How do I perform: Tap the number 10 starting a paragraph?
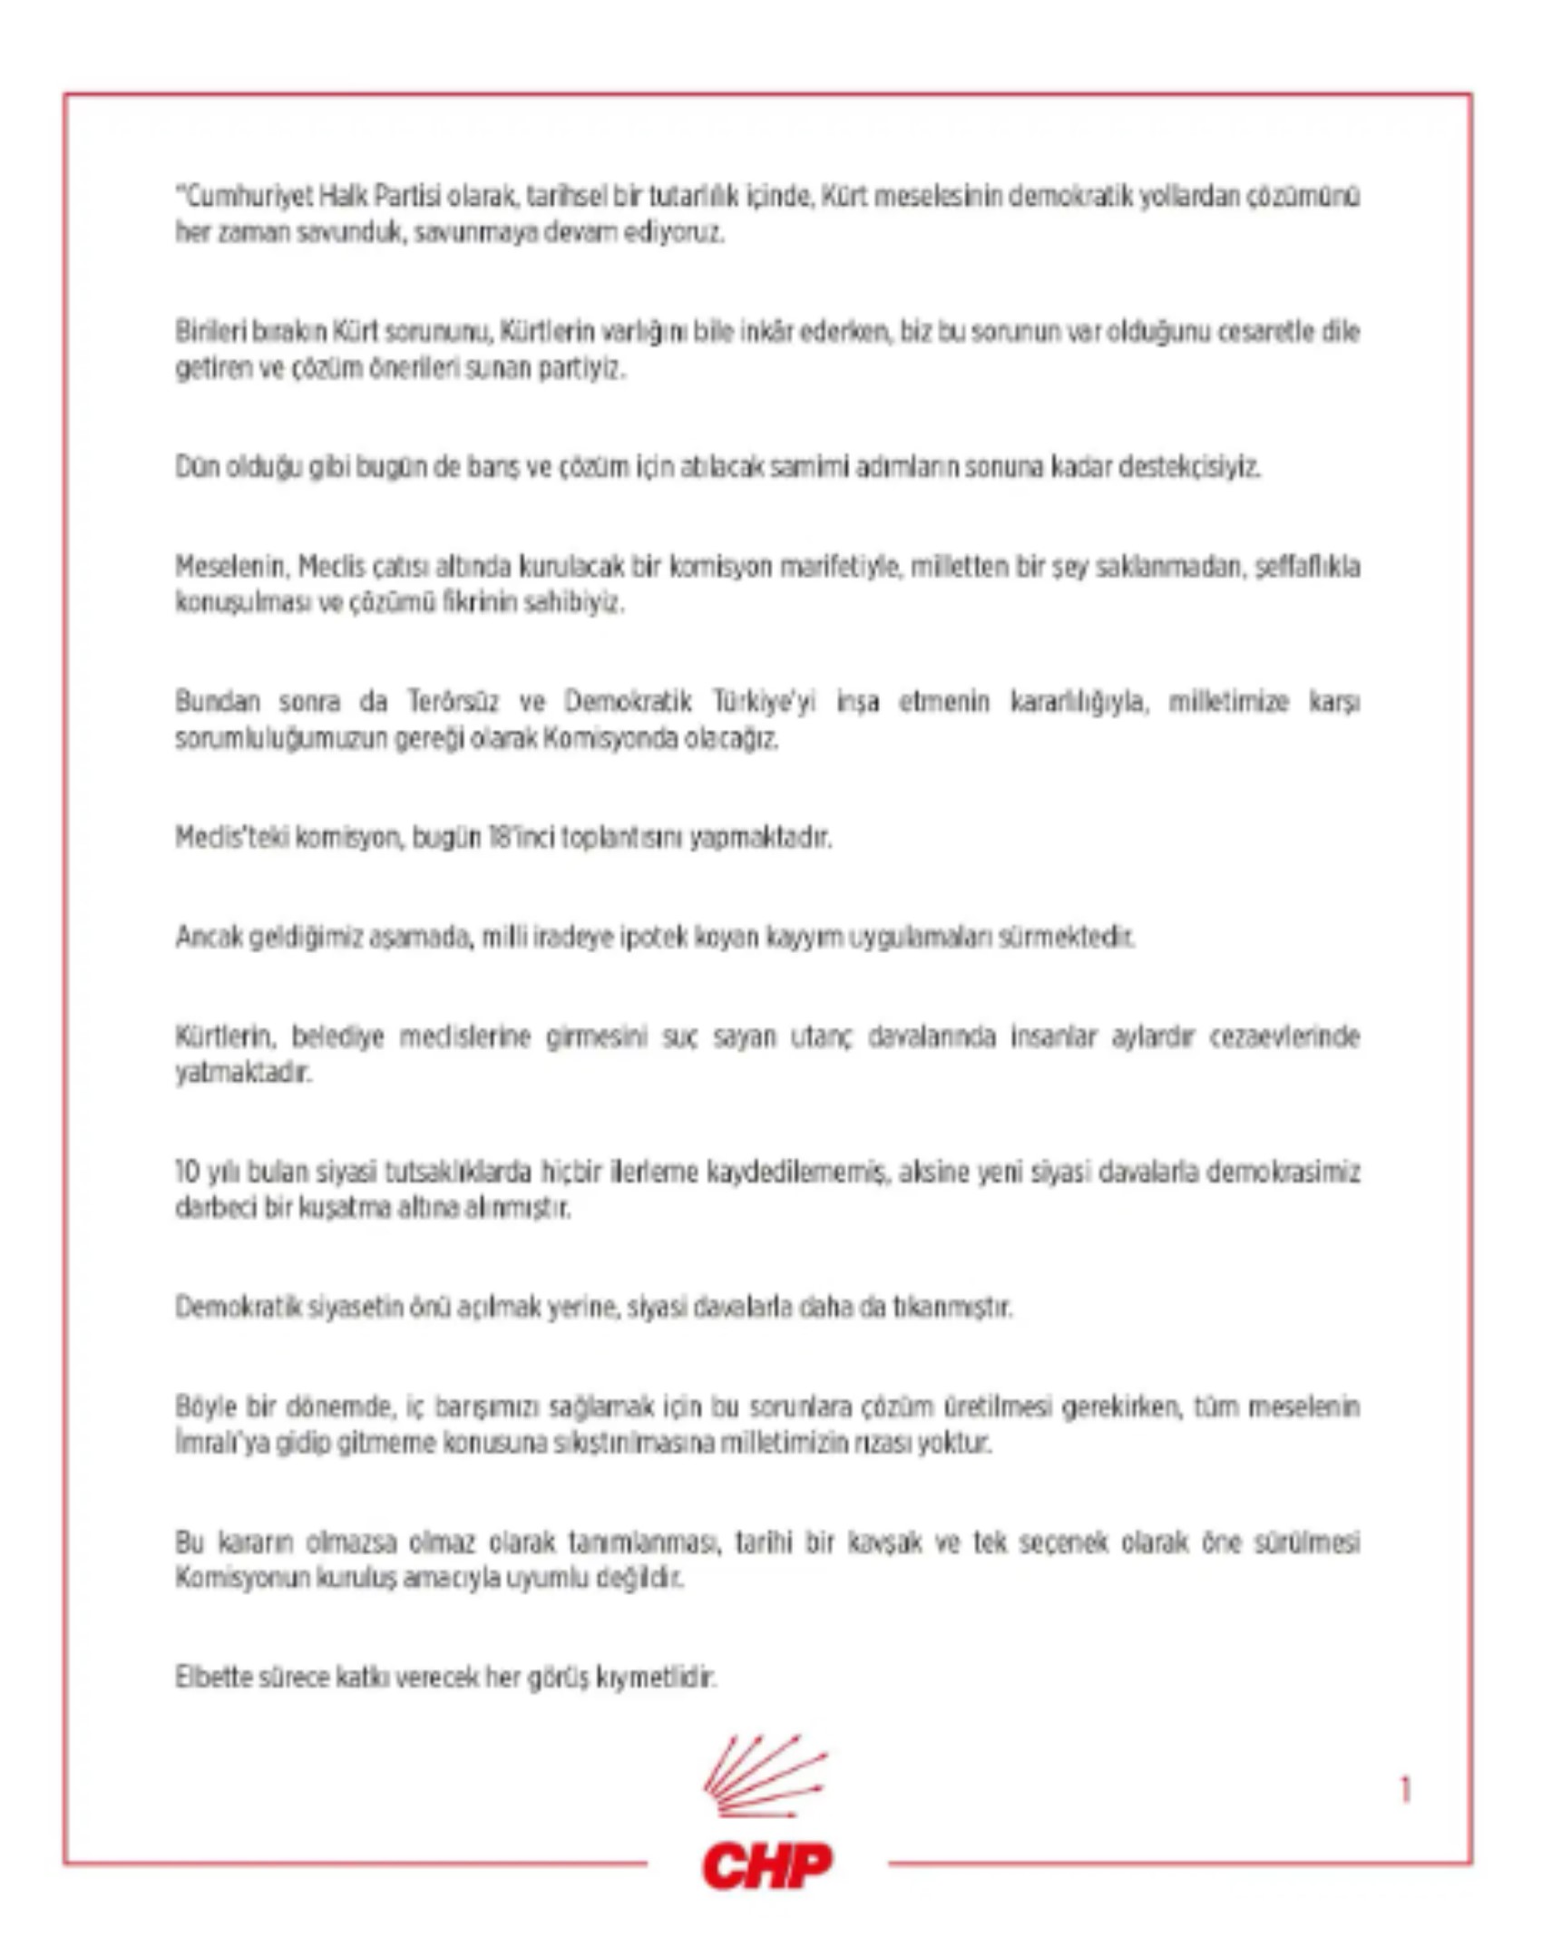pyautogui.click(x=187, y=1172)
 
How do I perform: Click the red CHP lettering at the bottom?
pyautogui.click(x=767, y=1865)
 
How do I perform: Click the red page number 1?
pyautogui.click(x=1405, y=1790)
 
